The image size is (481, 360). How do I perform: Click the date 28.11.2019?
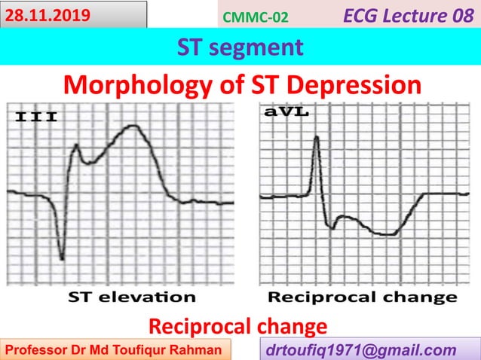pos(47,14)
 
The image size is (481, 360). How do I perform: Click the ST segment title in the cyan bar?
pos(240,47)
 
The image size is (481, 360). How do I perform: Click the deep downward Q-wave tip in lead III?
pos(61,260)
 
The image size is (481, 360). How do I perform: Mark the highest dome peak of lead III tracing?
pos(133,126)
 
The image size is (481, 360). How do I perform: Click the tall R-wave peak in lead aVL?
pos(317,137)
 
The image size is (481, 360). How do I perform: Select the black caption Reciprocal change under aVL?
pos(363,296)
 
